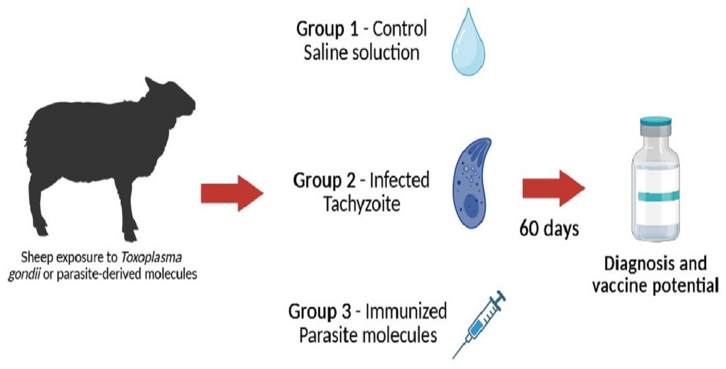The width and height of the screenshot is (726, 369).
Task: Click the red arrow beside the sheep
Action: click(231, 194)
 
